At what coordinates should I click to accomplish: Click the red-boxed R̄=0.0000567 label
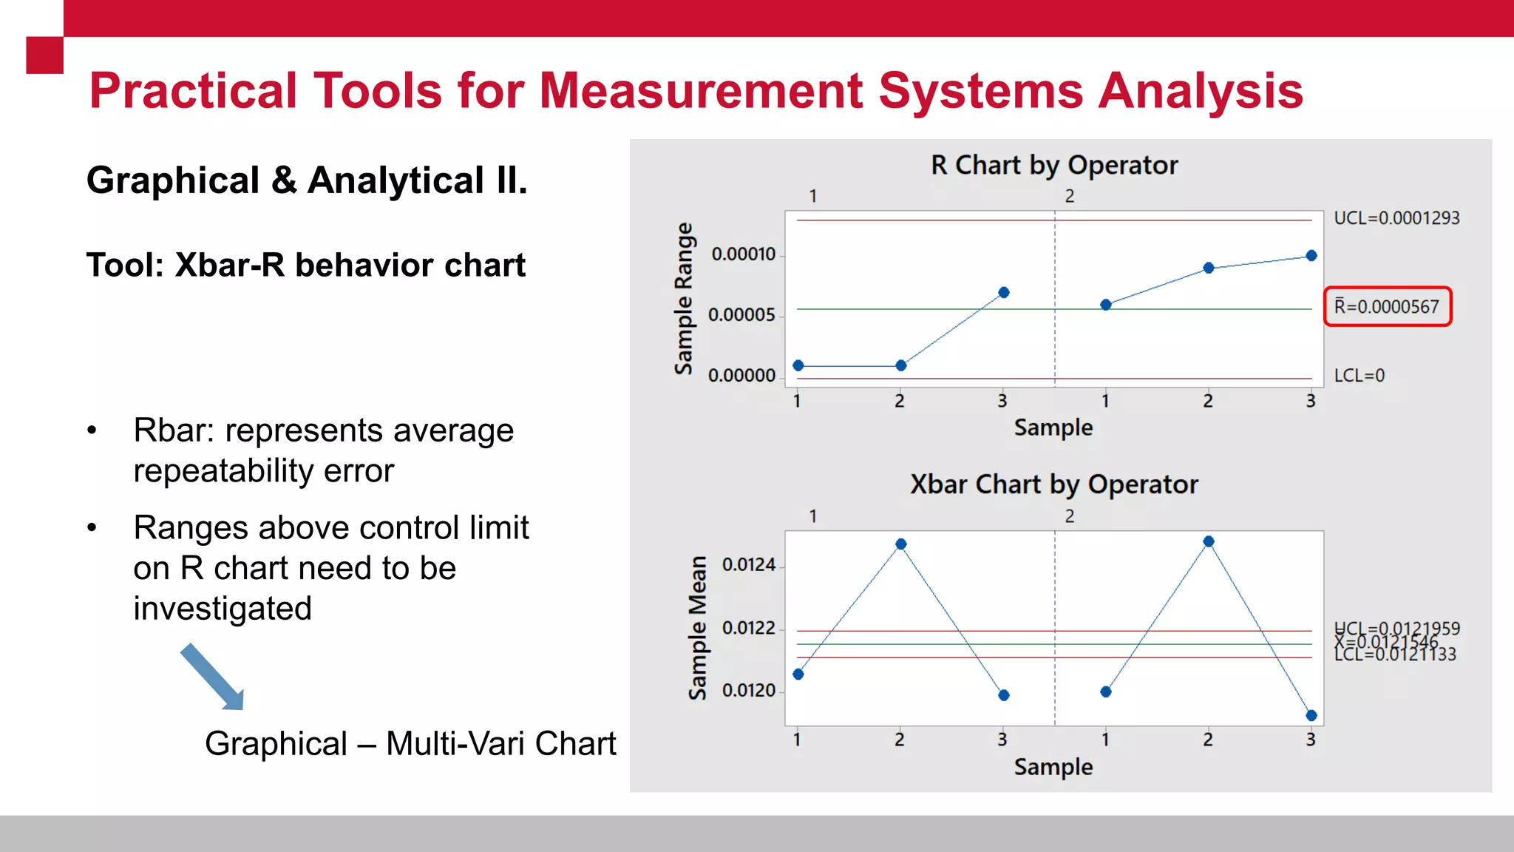pyautogui.click(x=1388, y=306)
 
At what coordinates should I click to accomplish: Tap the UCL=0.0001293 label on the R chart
pyautogui.click(x=1396, y=218)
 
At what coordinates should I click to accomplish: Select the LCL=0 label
pyautogui.click(x=1359, y=376)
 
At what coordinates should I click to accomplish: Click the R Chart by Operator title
pyautogui.click(x=1053, y=165)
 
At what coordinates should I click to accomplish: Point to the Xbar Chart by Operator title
pyautogui.click(x=1053, y=484)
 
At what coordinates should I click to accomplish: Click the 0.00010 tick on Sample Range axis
pyautogui.click(x=743, y=254)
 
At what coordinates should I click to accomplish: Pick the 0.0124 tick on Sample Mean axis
pyautogui.click(x=748, y=565)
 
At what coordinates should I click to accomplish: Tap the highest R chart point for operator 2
pyautogui.click(x=1311, y=256)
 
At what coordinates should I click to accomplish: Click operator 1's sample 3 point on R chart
pyautogui.click(x=1003, y=293)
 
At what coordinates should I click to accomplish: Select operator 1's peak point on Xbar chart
pyautogui.click(x=900, y=544)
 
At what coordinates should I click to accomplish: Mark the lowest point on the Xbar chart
pyautogui.click(x=1311, y=715)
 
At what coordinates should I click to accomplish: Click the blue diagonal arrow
pyautogui.click(x=212, y=677)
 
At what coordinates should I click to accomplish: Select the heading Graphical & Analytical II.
pyautogui.click(x=307, y=180)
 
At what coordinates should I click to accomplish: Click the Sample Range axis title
pyautogui.click(x=684, y=298)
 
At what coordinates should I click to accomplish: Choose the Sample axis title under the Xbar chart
pyautogui.click(x=1053, y=767)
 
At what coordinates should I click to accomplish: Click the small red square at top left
pyautogui.click(x=44, y=55)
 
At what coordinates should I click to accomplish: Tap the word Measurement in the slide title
pyautogui.click(x=701, y=91)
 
